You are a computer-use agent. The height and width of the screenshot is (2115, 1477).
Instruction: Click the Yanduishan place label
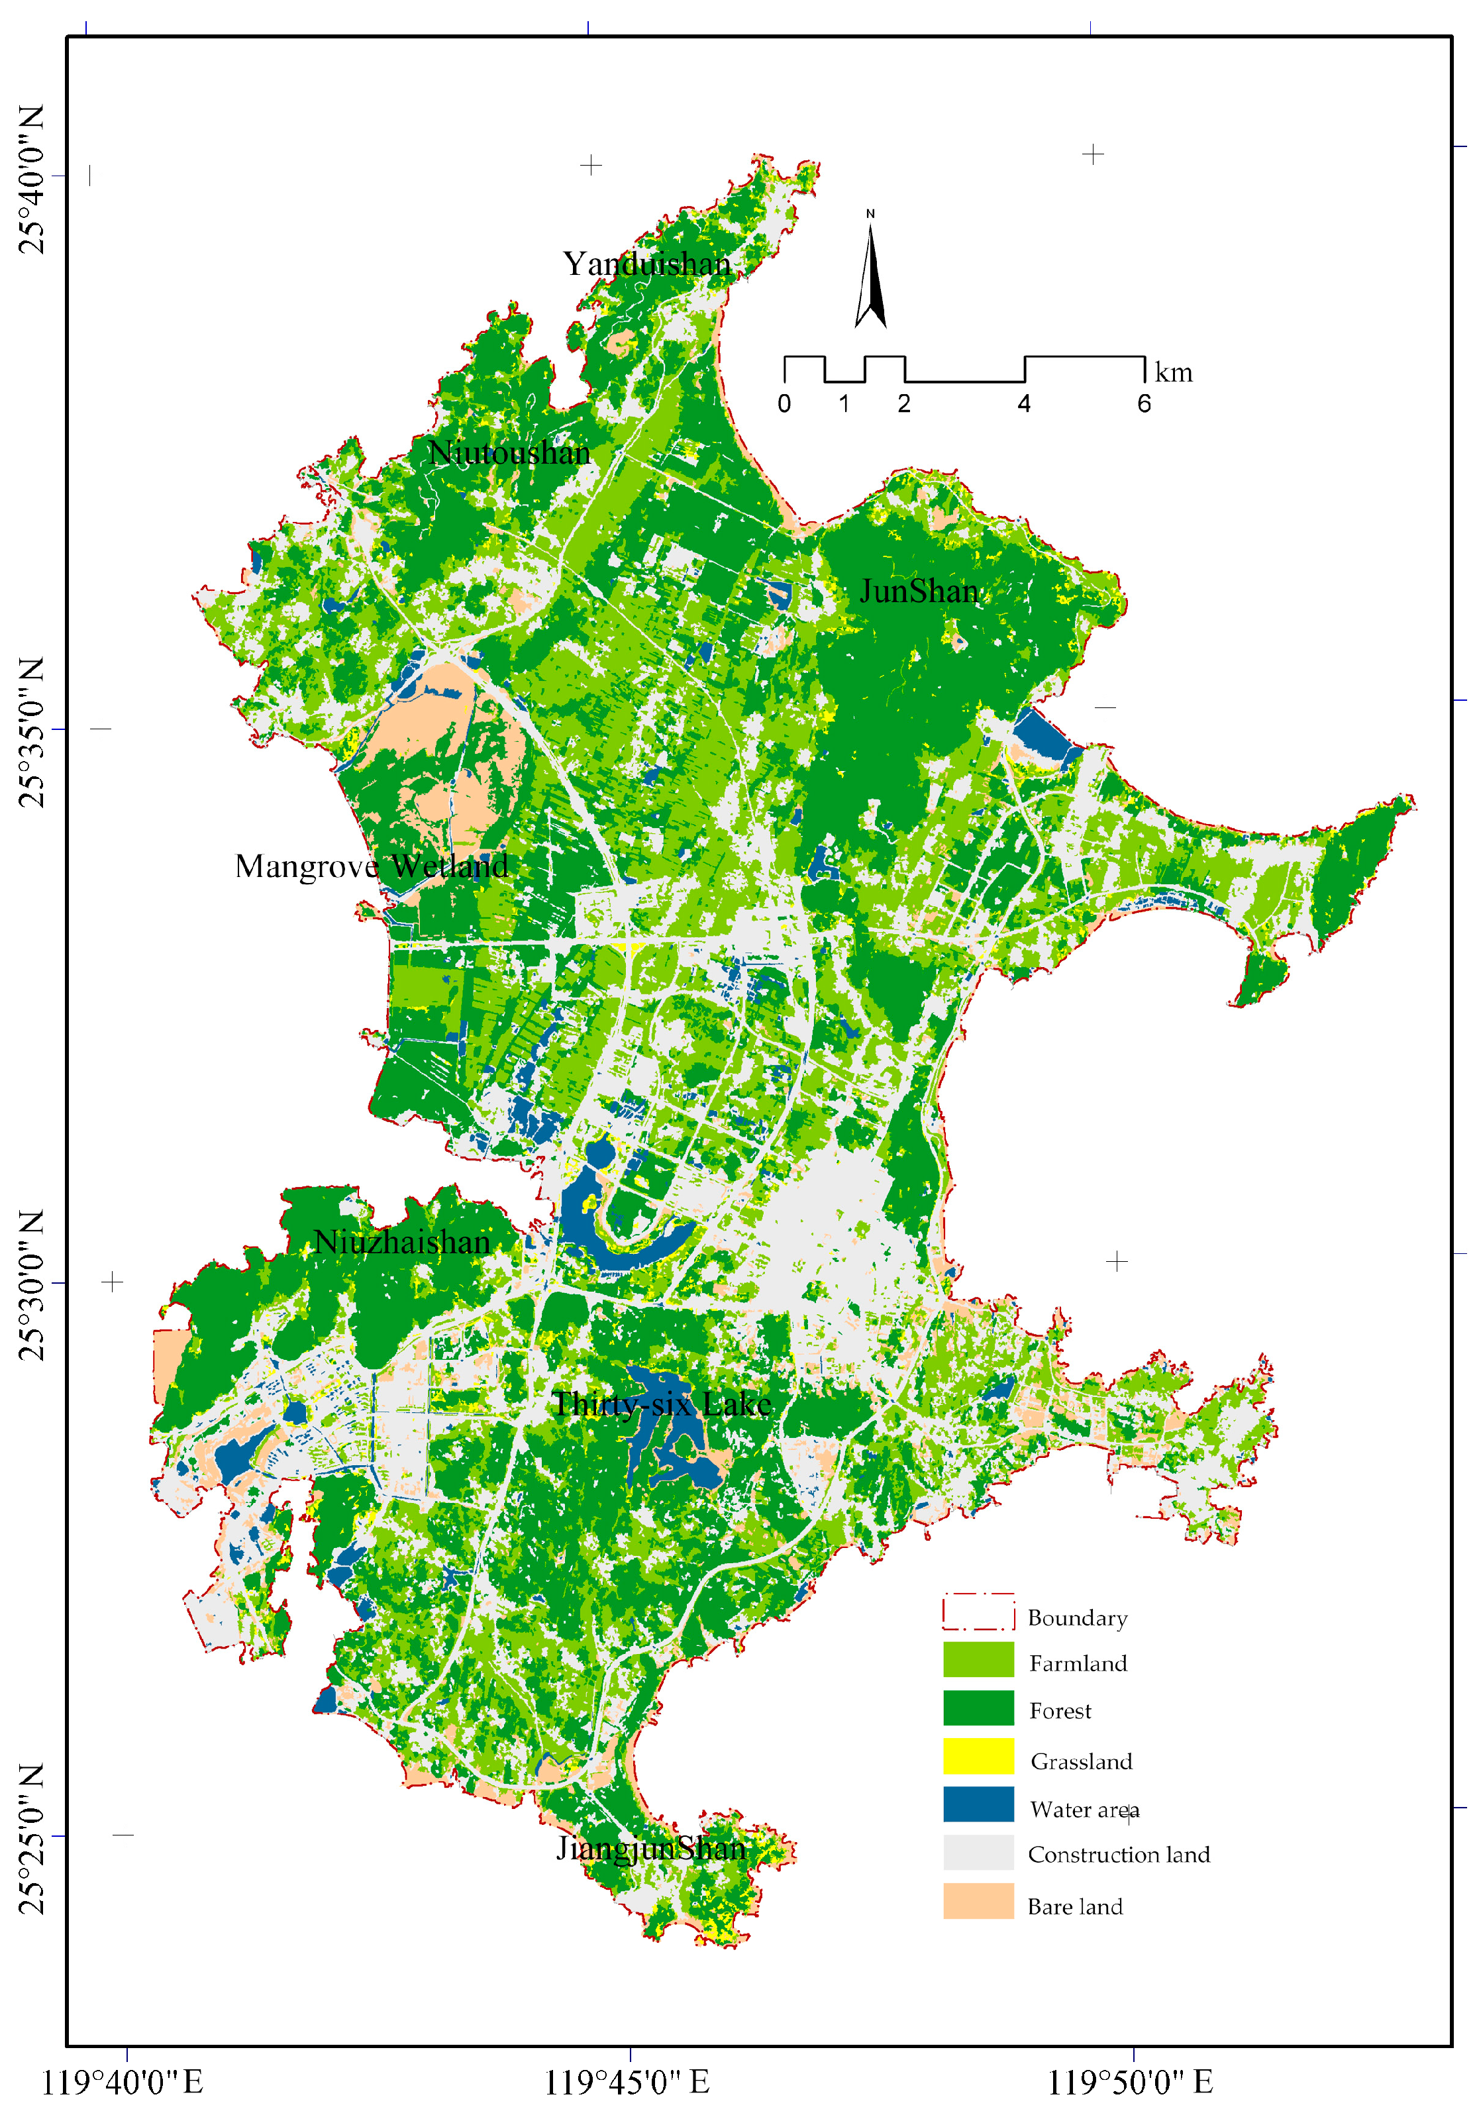[x=646, y=264]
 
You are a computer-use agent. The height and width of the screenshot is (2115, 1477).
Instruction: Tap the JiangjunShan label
[x=650, y=1848]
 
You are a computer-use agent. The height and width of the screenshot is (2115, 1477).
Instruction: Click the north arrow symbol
[x=870, y=276]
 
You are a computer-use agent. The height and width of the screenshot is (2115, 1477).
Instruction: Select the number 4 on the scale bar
[x=1024, y=403]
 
